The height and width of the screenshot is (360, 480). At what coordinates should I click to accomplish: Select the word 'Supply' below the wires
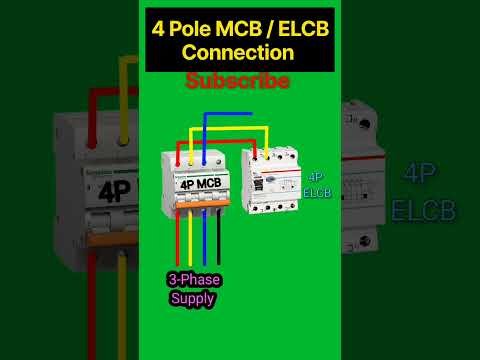tap(192, 297)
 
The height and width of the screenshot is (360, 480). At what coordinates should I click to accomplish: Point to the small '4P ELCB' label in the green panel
tap(317, 183)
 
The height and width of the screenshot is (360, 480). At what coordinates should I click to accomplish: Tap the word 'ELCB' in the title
tap(297, 28)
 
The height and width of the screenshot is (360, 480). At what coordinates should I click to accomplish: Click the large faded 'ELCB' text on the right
tap(423, 211)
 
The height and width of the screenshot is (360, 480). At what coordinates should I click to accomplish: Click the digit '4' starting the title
tap(157, 28)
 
